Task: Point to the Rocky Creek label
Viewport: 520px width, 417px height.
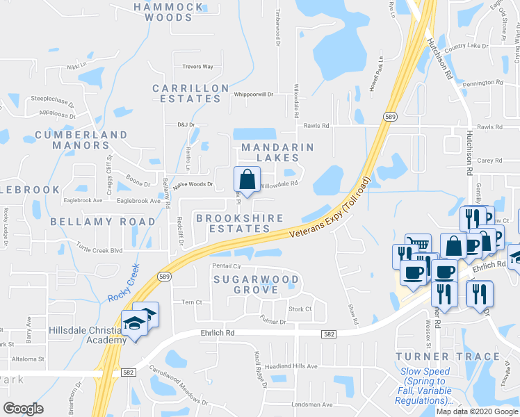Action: pyautogui.click(x=124, y=284)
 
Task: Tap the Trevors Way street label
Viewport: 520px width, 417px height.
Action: pyautogui.click(x=197, y=67)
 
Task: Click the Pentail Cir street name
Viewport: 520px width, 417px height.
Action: pyautogui.click(x=227, y=266)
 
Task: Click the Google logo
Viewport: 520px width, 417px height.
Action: pyautogui.click(x=24, y=408)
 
